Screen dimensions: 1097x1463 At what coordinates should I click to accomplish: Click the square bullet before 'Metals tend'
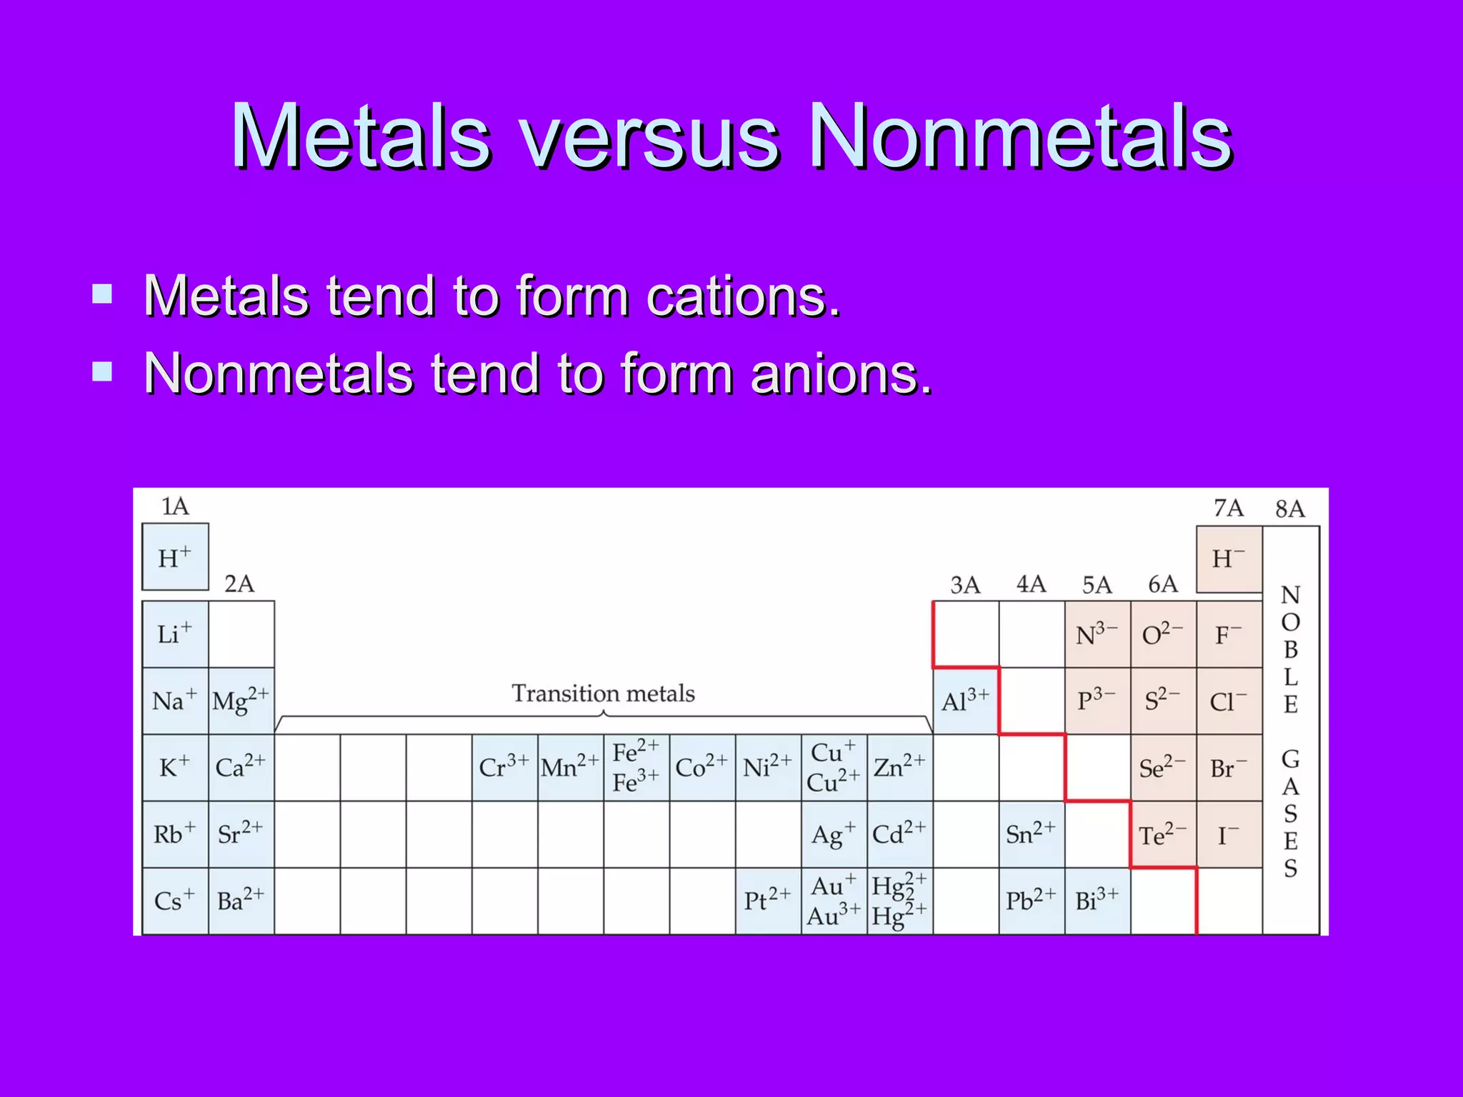click(102, 294)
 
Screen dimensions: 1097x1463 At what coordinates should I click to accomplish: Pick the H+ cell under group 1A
click(175, 557)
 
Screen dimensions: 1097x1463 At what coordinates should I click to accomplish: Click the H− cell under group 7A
click(1229, 559)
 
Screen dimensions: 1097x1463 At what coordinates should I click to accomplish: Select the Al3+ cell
click(965, 701)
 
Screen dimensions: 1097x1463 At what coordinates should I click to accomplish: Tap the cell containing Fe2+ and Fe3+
click(636, 768)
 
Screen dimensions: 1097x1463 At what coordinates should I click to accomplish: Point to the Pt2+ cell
click(768, 901)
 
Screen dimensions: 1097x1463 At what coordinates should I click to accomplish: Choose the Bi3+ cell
click(1097, 901)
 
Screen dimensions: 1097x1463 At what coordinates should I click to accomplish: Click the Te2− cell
click(1163, 834)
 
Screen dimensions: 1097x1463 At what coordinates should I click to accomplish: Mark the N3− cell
click(1097, 634)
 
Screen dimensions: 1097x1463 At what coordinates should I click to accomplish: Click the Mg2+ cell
click(241, 701)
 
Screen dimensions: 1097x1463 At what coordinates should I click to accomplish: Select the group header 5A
click(1097, 585)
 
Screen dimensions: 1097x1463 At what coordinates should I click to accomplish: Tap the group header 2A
click(239, 584)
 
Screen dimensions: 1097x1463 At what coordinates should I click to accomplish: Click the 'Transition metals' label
click(603, 693)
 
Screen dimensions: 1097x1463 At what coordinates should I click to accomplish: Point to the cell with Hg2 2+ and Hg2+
click(899, 901)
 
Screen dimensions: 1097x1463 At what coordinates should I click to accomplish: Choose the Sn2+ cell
click(1031, 834)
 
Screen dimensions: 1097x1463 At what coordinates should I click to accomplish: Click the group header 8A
click(1290, 509)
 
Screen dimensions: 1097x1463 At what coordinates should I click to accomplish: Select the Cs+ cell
click(175, 901)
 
